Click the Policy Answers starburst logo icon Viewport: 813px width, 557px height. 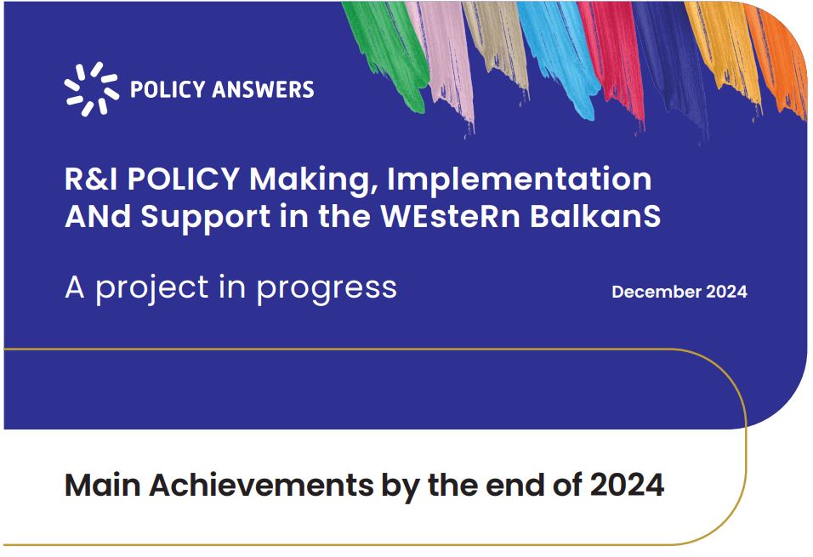(91, 88)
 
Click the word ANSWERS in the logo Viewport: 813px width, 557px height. (263, 90)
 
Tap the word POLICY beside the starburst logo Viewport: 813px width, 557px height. (168, 90)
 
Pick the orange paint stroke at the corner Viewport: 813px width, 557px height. (778, 57)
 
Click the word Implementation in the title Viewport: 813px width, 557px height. (520, 179)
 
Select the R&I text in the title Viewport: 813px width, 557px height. (93, 179)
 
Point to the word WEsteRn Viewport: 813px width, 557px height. (450, 216)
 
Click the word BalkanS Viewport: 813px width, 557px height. (595, 216)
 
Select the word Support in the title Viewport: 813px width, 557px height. (205, 218)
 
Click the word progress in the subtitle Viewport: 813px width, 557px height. (327, 288)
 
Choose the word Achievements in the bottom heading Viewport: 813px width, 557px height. (261, 486)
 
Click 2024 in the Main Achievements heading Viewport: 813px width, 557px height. (628, 486)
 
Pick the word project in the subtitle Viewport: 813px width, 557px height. (152, 288)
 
